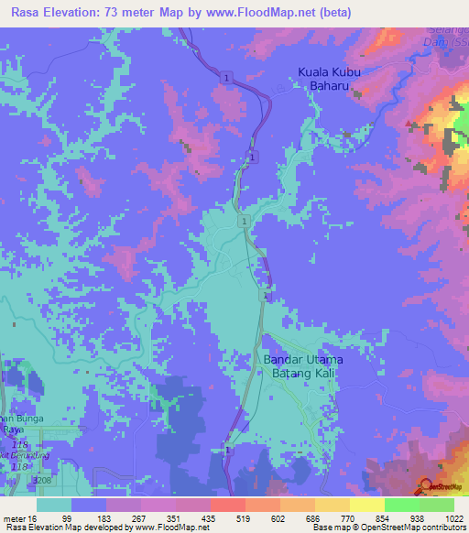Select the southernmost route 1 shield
tap(226, 449)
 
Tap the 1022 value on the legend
tap(442, 517)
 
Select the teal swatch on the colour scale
tap(54, 504)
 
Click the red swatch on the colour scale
tap(228, 504)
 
